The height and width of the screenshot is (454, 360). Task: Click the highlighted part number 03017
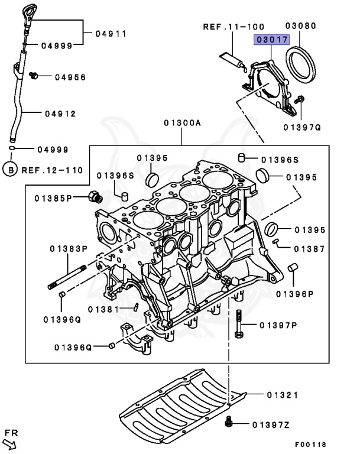coord(271,40)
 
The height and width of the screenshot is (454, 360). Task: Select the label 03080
coord(301,26)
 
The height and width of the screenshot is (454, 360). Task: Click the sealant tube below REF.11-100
coord(232,59)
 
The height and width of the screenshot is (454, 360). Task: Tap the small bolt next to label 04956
coord(34,75)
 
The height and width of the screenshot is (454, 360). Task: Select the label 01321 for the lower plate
coord(282,394)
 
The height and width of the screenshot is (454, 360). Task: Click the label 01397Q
coord(301,127)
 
